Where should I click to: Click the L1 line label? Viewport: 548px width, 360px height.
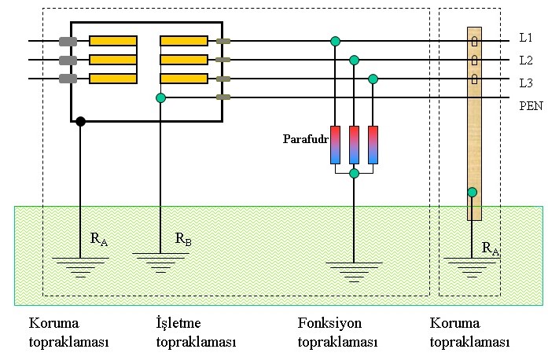(x=526, y=38)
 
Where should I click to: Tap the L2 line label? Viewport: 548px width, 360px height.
(x=526, y=60)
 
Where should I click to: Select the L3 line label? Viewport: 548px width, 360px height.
(x=526, y=82)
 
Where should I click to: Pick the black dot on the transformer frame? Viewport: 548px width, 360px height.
(x=80, y=121)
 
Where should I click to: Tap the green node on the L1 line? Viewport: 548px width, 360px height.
(x=336, y=41)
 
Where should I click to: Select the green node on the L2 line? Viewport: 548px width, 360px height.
(x=355, y=60)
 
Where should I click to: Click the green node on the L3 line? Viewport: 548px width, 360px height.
(x=373, y=79)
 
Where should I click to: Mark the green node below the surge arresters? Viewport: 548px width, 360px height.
(x=355, y=173)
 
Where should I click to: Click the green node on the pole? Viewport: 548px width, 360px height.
(x=472, y=192)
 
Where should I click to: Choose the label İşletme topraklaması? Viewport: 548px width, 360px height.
(x=196, y=332)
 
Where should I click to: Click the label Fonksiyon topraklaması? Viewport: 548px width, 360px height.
(x=337, y=332)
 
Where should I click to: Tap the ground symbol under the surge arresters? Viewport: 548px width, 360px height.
(x=355, y=272)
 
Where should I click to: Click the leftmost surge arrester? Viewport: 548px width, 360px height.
(x=336, y=145)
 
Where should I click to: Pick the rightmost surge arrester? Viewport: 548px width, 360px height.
(x=373, y=145)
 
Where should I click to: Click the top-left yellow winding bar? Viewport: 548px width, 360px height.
(x=112, y=41)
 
